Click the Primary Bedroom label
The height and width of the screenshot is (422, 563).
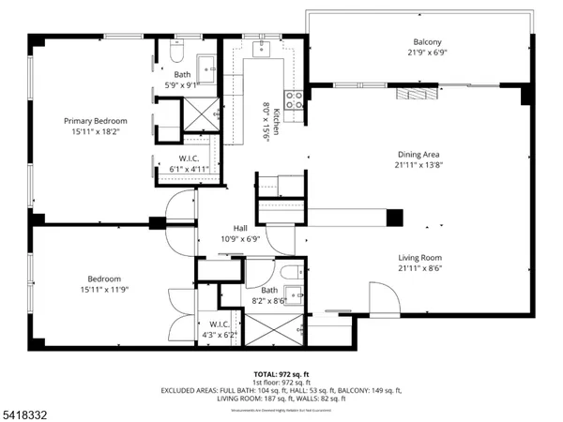click(95, 121)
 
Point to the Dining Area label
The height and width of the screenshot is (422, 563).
click(418, 155)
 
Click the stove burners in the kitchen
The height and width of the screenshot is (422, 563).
click(294, 100)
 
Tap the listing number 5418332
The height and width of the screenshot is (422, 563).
click(26, 410)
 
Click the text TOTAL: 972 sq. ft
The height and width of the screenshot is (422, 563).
click(281, 373)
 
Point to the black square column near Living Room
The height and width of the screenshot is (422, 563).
click(395, 218)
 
